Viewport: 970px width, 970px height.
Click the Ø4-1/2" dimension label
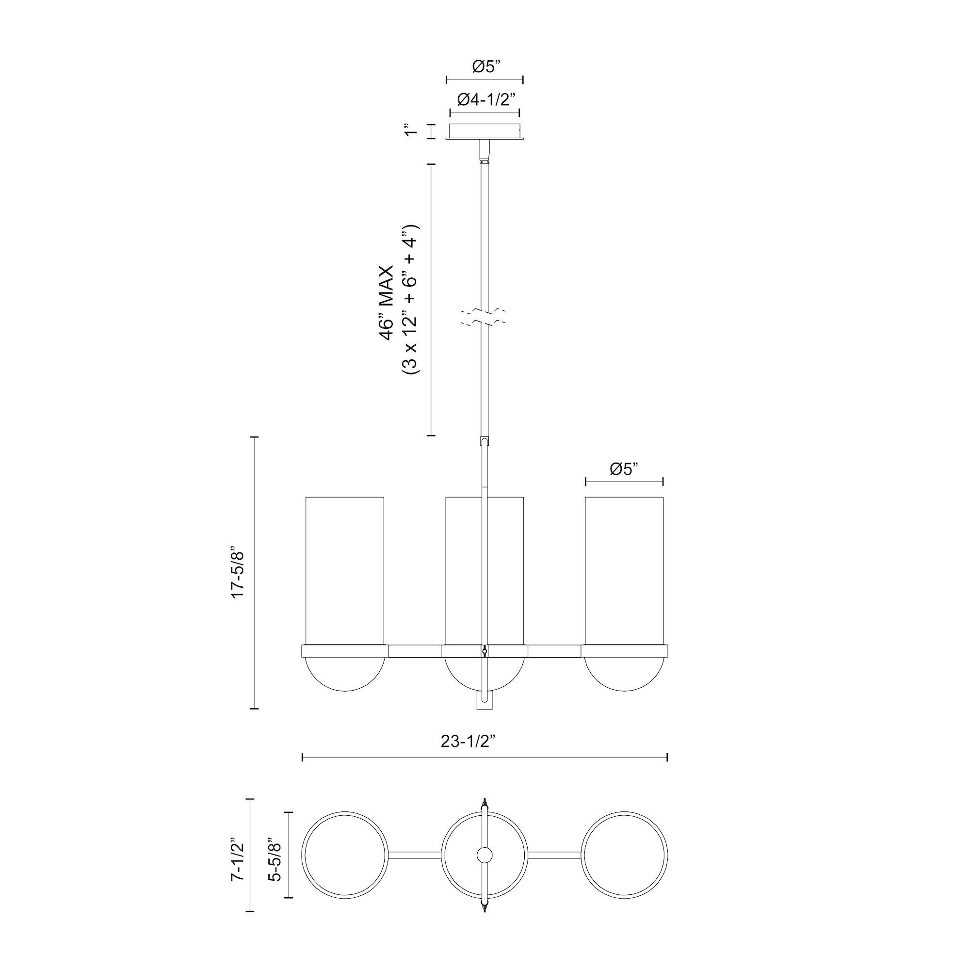click(486, 100)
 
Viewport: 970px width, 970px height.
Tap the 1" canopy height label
click(412, 131)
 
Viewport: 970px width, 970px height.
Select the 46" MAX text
click(387, 303)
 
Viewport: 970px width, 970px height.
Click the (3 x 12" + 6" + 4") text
click(410, 300)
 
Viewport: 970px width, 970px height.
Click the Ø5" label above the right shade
click(624, 469)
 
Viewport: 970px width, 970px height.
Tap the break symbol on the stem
click(485, 317)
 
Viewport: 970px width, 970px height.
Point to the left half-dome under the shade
click(345, 673)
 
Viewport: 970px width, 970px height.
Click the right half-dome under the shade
click(624, 673)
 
